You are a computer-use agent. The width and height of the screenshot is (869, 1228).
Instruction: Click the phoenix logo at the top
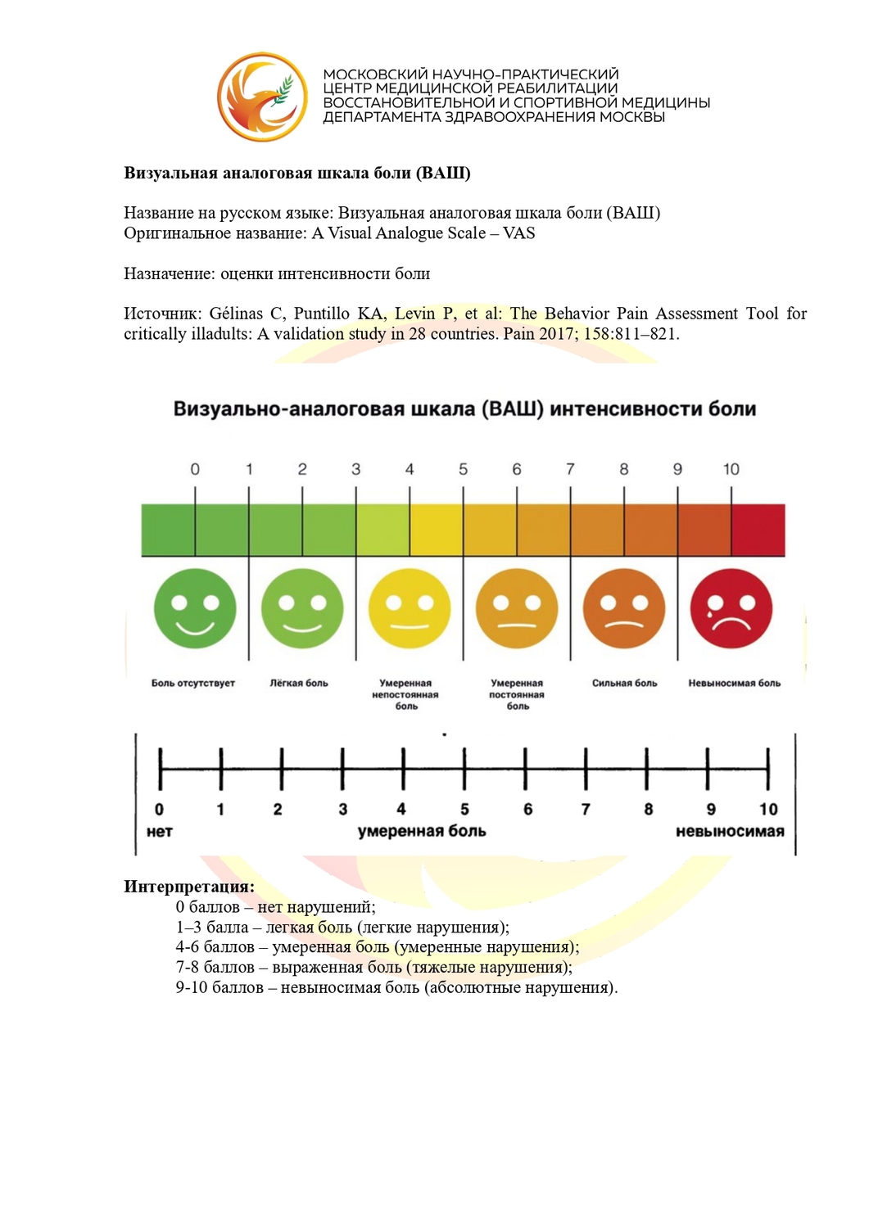coord(262,97)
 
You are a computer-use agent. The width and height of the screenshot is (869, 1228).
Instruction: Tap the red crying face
coord(731,609)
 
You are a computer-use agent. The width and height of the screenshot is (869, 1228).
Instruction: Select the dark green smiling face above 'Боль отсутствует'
coord(195,609)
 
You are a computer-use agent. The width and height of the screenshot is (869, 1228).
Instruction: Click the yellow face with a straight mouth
coord(410,609)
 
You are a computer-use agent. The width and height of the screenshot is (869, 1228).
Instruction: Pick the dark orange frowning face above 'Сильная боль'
coord(624,609)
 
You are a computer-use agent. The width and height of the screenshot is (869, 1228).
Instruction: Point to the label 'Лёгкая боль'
coord(299,683)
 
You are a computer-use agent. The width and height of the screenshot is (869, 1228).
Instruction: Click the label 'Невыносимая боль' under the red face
coord(734,683)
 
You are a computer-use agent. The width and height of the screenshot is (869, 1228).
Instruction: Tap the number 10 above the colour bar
coord(731,469)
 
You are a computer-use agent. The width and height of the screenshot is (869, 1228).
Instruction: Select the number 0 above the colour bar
coord(195,469)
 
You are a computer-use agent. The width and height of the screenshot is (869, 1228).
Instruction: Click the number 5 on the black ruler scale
coord(464,809)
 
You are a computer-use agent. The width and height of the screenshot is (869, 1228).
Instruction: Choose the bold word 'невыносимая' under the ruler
coord(729,831)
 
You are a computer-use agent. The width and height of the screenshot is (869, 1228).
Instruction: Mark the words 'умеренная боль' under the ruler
coord(422,831)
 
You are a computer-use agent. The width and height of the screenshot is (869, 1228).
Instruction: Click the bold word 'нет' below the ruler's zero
coord(159,831)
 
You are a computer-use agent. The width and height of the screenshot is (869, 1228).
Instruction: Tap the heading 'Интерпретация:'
coord(189,887)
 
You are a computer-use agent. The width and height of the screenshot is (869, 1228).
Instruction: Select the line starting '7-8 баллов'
coord(373,967)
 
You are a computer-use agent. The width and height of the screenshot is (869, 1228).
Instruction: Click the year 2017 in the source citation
coord(556,334)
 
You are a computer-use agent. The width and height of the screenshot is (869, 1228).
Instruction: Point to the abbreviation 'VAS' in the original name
coord(518,233)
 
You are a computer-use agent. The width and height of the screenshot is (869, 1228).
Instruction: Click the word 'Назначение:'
coord(170,273)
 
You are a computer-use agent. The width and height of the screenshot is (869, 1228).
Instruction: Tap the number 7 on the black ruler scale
coord(586,809)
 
